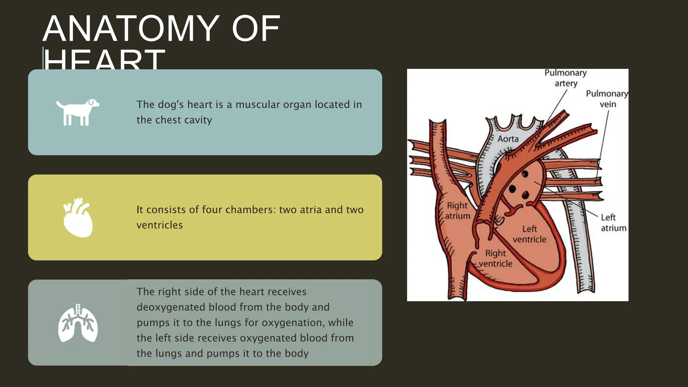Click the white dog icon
click(78, 113)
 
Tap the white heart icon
click(78, 218)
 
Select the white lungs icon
click(78, 323)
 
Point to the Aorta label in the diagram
click(508, 139)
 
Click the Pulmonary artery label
click(566, 78)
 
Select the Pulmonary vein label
click(607, 99)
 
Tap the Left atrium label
click(613, 223)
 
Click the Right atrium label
click(457, 211)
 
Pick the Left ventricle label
click(529, 234)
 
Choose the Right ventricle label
click(496, 258)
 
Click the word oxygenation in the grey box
click(293, 322)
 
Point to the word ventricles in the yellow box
click(160, 225)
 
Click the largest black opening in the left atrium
click(512, 189)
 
